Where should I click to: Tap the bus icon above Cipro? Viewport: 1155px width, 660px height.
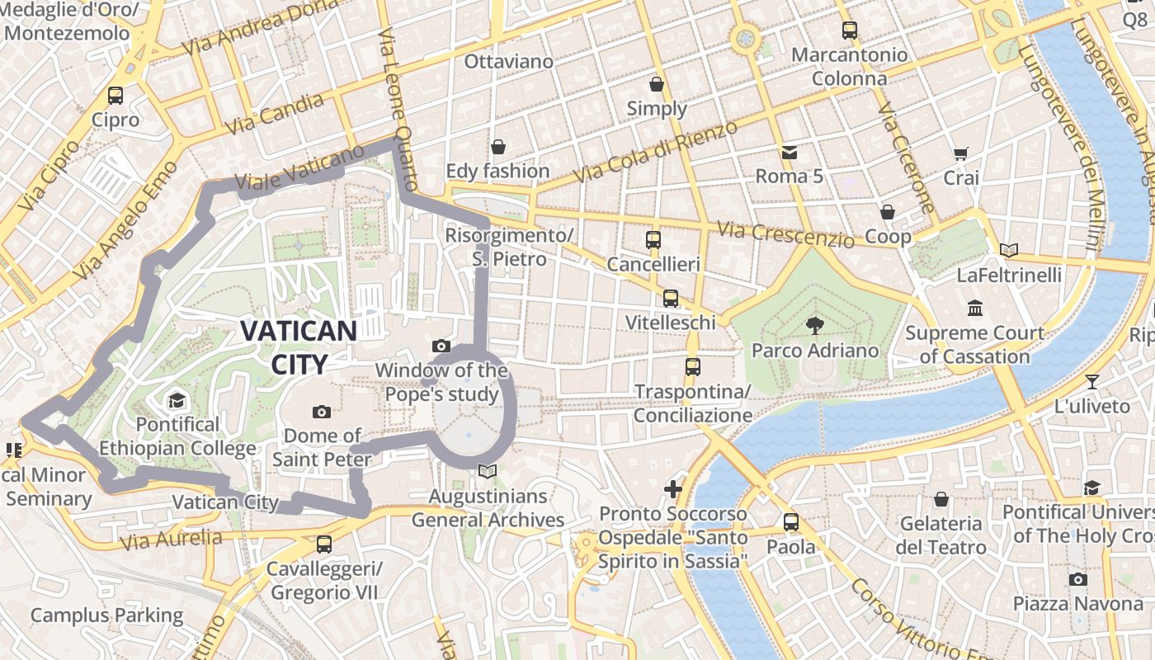(x=115, y=96)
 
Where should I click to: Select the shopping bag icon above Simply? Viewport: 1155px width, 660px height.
(x=657, y=84)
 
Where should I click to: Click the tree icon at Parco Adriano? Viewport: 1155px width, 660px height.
(x=814, y=325)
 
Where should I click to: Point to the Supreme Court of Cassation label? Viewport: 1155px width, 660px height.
(x=974, y=345)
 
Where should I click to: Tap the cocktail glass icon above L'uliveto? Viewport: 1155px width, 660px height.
(x=1092, y=381)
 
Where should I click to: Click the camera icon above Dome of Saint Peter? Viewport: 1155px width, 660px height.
(x=322, y=411)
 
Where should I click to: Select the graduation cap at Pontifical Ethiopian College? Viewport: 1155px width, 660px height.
(x=177, y=401)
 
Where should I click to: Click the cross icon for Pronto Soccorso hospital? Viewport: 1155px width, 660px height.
(x=673, y=489)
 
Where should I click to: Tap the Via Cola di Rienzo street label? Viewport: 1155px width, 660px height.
(x=656, y=153)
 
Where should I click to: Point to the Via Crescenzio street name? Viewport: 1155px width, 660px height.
(x=785, y=235)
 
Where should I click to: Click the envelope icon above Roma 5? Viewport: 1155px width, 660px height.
(x=790, y=152)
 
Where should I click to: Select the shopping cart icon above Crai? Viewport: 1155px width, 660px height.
(x=960, y=153)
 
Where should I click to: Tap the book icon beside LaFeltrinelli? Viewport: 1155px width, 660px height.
(x=1008, y=250)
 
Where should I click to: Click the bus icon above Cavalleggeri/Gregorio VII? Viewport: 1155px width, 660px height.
(x=323, y=544)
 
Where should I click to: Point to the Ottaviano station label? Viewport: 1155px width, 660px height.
(x=508, y=62)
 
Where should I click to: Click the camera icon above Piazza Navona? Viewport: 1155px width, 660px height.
(x=1077, y=579)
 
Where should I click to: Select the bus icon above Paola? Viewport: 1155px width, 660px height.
(x=791, y=522)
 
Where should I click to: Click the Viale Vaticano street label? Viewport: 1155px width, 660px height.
(x=299, y=171)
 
